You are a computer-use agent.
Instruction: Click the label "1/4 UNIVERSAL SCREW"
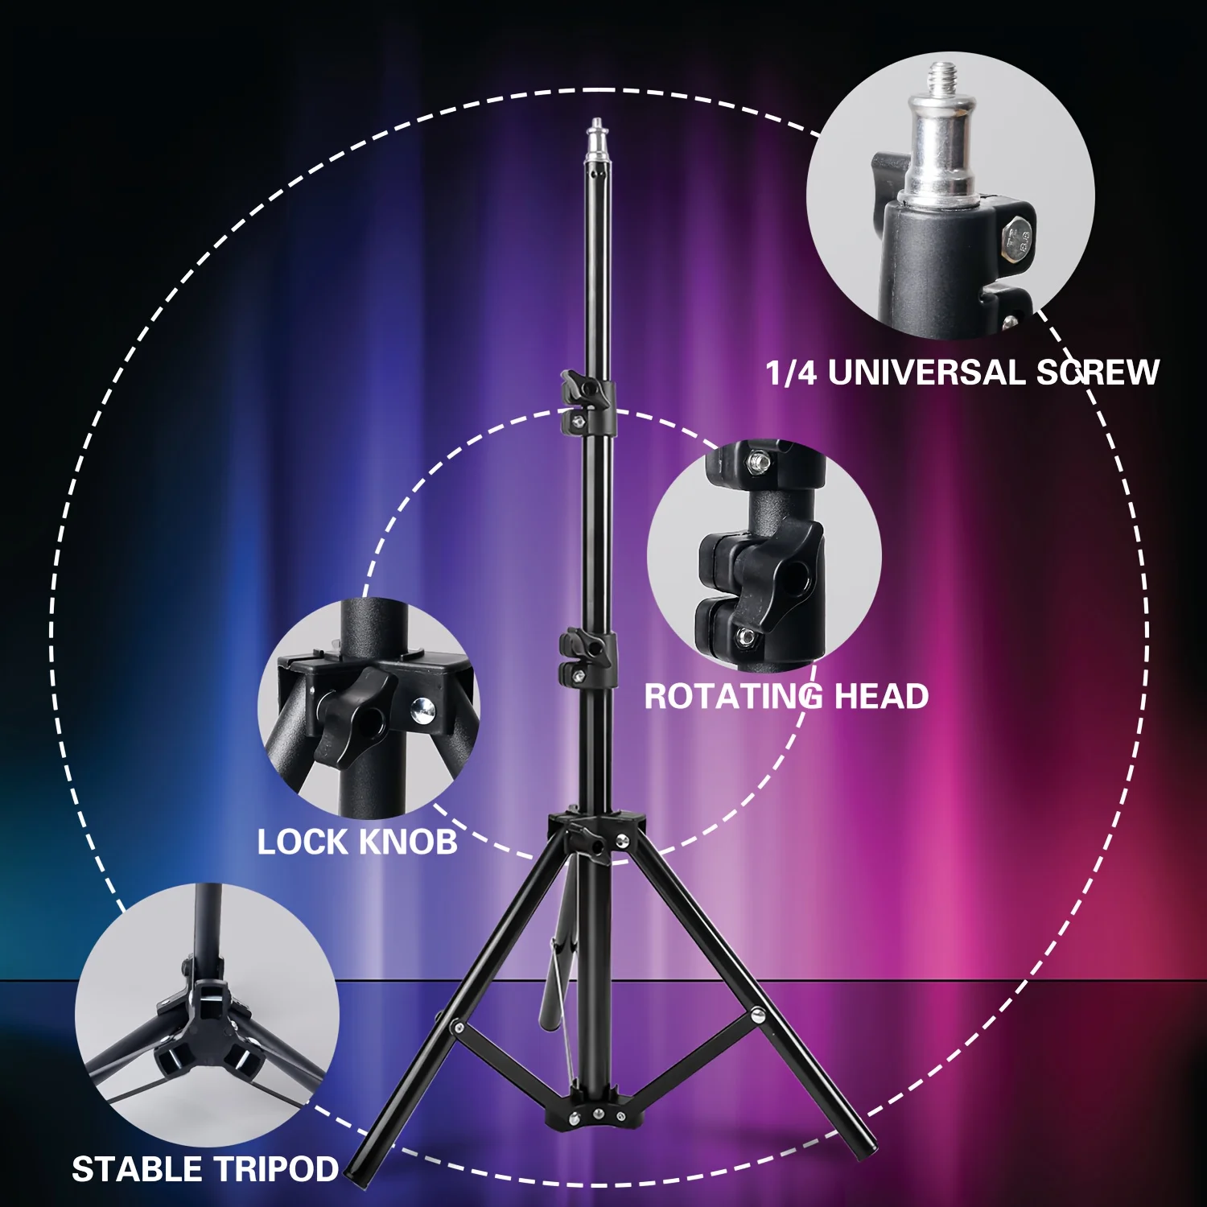pos(962,373)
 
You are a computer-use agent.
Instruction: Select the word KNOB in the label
pos(408,842)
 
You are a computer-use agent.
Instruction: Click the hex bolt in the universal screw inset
pos(1015,238)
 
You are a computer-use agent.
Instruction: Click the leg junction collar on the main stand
pos(596,837)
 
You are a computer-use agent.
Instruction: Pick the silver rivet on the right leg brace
pos(756,1014)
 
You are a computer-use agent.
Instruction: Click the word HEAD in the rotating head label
pos(882,697)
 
